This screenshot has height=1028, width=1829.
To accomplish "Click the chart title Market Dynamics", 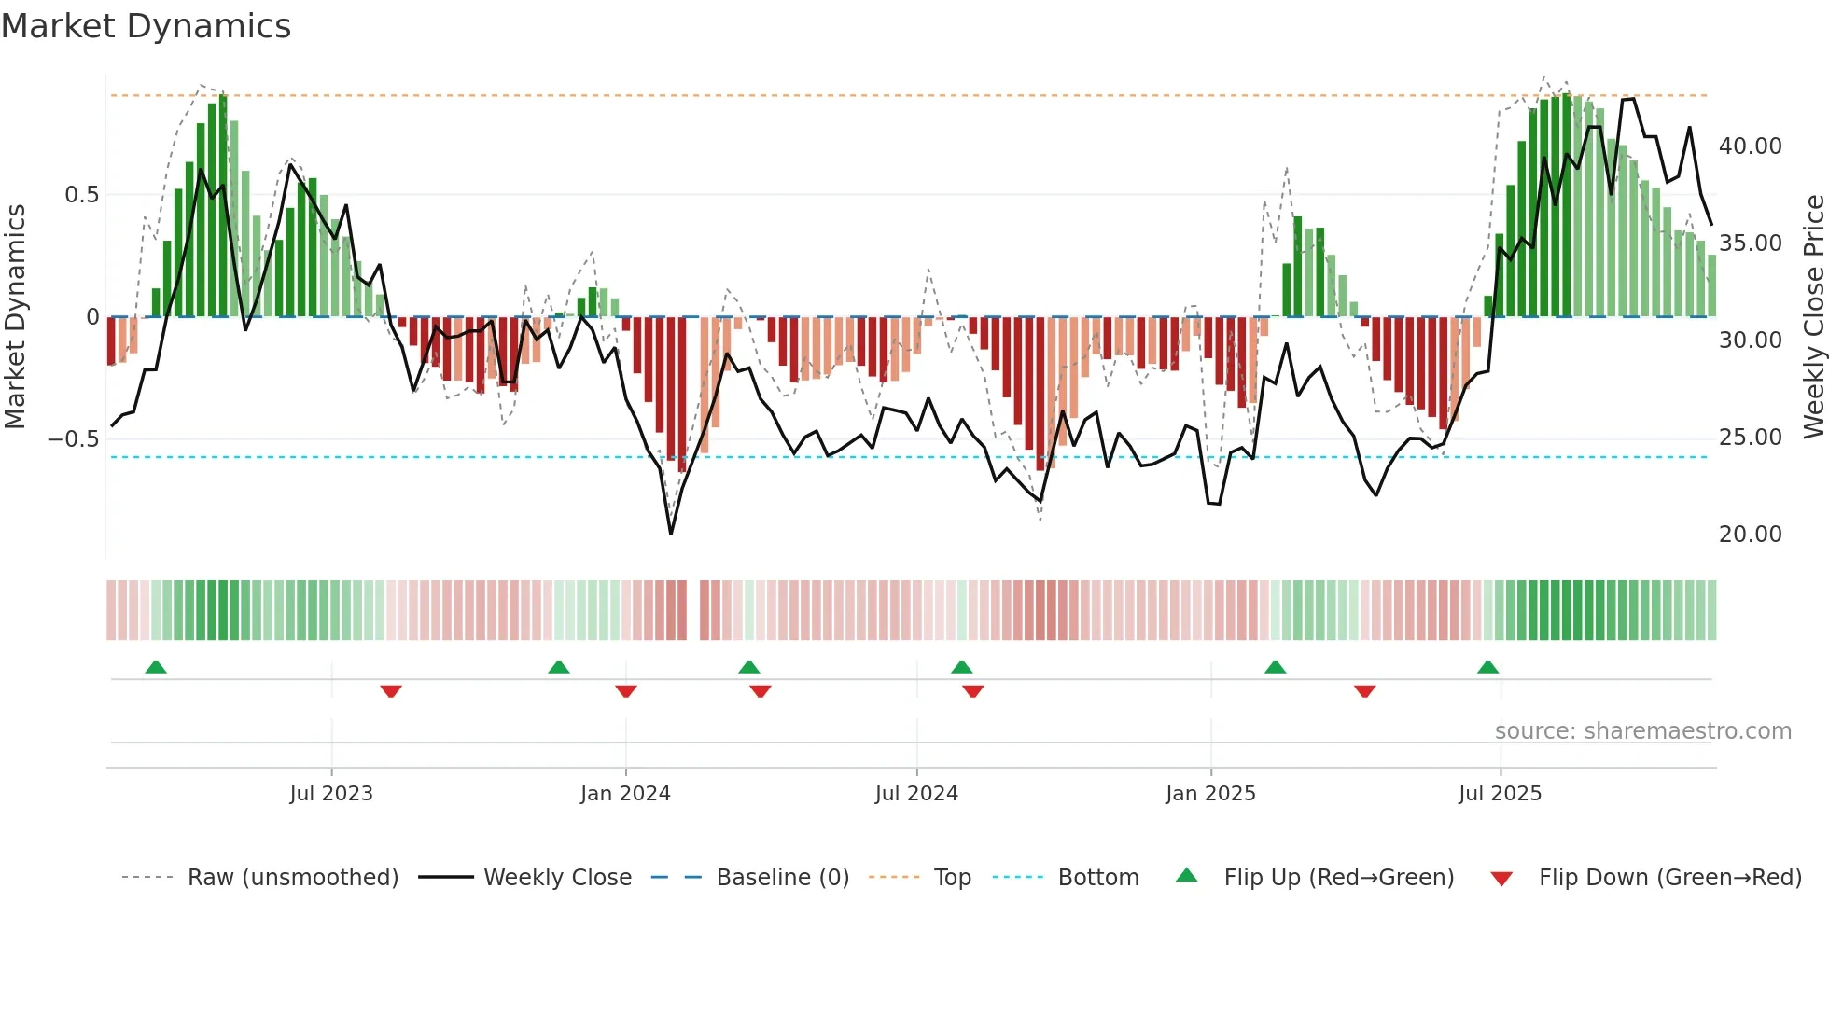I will point(146,26).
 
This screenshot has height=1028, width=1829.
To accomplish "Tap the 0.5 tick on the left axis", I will point(81,195).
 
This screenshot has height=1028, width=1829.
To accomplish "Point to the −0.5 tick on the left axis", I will point(74,438).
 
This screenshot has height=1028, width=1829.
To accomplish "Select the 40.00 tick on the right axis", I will point(1750,146).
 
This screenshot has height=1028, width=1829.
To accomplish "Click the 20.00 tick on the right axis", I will point(1750,535).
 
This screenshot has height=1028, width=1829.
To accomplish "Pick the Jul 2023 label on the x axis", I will point(331,794).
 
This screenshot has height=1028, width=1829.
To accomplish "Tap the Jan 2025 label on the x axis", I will point(1210,794).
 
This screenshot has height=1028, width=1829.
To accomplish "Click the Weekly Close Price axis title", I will point(1813,316).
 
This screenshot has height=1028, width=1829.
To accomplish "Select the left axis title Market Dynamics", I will point(15,316).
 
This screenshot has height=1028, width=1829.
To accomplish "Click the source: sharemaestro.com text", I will point(1642,731).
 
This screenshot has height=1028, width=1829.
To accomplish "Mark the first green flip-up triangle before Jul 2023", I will point(156,668).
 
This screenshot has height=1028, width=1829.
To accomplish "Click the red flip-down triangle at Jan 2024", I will point(626,691).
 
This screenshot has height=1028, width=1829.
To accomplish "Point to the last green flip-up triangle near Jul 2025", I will point(1487,668).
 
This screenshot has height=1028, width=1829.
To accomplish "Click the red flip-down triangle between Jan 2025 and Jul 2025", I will point(1364,691).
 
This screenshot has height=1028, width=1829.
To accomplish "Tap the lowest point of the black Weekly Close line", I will point(671,534).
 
